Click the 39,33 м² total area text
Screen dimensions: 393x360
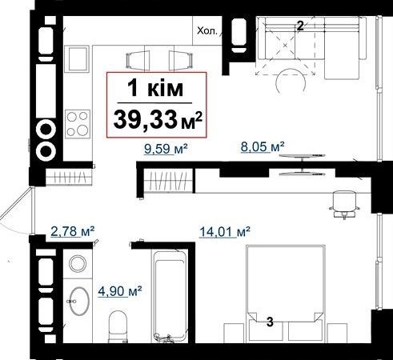[157, 120]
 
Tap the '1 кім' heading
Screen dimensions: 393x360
[155, 89]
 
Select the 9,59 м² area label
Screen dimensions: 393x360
[165, 148]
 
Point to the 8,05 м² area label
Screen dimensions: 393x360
[263, 146]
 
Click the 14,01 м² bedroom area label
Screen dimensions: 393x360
[225, 231]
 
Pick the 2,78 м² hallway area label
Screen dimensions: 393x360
[72, 231]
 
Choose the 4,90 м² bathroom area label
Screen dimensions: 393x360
[119, 291]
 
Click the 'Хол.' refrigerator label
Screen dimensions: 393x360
[207, 31]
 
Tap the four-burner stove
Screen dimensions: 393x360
[78, 124]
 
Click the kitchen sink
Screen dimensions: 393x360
[77, 59]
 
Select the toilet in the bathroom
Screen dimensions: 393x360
[118, 326]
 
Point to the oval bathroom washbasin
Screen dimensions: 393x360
[79, 301]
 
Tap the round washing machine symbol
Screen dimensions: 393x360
[78, 263]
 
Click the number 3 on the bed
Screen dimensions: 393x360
[270, 322]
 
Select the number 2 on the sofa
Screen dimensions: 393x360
[300, 26]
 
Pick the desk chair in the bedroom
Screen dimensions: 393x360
[343, 204]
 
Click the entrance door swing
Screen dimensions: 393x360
[17, 211]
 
